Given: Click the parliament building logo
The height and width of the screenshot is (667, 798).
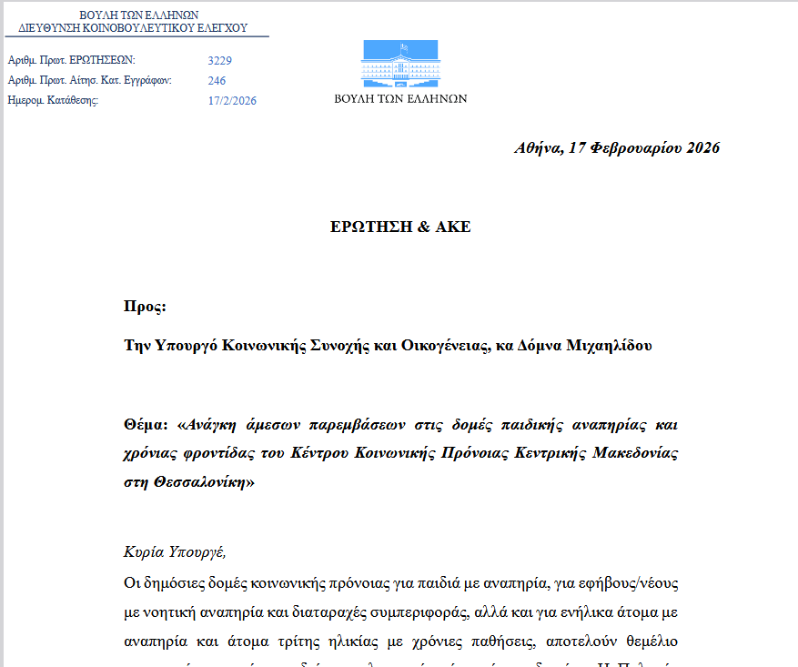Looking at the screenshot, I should (399, 64).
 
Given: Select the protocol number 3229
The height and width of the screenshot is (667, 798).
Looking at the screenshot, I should (220, 61).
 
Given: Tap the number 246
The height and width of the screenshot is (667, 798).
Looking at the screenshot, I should (217, 81).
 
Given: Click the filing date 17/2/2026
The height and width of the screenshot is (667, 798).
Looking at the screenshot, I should (232, 101).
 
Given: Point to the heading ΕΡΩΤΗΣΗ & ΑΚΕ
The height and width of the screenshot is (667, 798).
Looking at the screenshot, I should (400, 227).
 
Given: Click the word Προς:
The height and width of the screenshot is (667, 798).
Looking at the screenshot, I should (145, 307).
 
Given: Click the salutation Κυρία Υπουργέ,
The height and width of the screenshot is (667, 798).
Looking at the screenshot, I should (174, 552).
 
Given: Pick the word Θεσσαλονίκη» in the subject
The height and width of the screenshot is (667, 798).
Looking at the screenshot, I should (210, 483).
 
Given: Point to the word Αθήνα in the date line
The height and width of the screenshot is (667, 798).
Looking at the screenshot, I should (538, 148).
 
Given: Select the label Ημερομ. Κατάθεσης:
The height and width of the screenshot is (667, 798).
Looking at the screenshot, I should (53, 101).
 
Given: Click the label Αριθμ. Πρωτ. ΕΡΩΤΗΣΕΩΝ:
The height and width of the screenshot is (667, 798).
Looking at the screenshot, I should (65, 61).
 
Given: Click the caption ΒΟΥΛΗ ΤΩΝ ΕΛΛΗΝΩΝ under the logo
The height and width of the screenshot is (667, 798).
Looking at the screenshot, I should (400, 98).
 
